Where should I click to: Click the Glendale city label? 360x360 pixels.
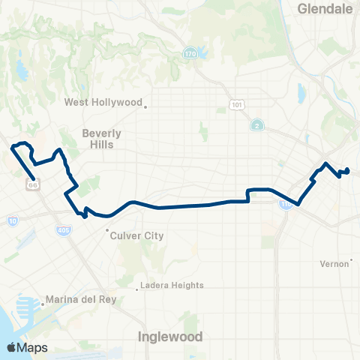[325, 9]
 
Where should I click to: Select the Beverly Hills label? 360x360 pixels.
[101, 139]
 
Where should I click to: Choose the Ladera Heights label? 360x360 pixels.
[172, 285]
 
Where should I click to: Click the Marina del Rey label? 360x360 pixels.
[81, 300]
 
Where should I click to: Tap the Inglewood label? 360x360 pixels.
[170, 337]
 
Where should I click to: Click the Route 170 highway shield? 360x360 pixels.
[190, 53]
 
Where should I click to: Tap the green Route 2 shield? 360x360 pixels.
[256, 124]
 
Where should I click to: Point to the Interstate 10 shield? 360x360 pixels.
[13, 220]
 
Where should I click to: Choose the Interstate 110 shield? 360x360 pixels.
[285, 205]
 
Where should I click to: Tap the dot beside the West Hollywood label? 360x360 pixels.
[146, 106]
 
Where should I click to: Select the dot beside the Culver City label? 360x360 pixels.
[107, 230]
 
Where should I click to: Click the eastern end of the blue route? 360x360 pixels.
[348, 171]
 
